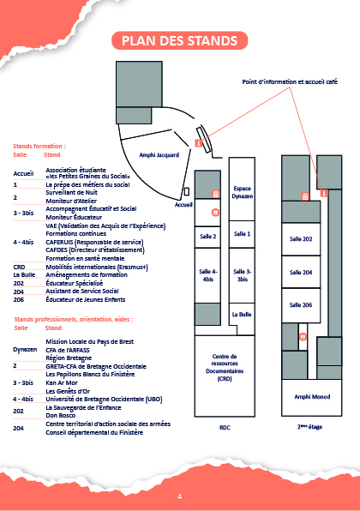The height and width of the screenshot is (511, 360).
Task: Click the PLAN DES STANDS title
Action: click(x=179, y=41)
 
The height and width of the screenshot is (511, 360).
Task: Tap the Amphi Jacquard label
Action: click(x=159, y=155)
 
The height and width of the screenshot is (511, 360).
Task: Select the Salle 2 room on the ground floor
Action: click(x=207, y=237)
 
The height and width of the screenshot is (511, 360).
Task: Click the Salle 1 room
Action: click(x=242, y=234)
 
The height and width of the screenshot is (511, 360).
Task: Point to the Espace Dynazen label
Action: click(x=242, y=192)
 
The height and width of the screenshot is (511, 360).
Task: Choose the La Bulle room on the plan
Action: click(x=242, y=314)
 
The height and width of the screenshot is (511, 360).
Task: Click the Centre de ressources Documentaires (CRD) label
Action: click(x=225, y=368)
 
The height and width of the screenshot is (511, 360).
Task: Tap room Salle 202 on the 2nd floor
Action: click(x=301, y=239)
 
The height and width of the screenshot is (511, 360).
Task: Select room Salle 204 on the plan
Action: click(x=301, y=272)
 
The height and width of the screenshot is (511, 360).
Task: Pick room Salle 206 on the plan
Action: click(x=301, y=305)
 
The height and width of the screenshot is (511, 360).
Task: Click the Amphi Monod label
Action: click(x=312, y=397)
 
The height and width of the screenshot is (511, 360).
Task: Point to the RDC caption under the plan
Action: click(x=225, y=427)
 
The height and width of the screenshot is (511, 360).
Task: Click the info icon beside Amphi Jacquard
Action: click(x=198, y=142)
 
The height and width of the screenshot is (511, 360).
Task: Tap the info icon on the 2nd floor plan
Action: click(x=324, y=193)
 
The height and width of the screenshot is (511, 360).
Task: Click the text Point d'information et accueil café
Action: click(x=290, y=81)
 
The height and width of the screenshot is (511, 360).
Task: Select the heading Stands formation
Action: click(x=39, y=146)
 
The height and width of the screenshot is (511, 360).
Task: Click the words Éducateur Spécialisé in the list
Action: click(x=75, y=283)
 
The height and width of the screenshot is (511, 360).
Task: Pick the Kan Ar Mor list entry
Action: click(x=62, y=382)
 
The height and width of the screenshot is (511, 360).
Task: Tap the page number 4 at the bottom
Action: click(x=179, y=496)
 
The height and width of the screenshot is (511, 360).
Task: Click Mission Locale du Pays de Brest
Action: click(x=90, y=341)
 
